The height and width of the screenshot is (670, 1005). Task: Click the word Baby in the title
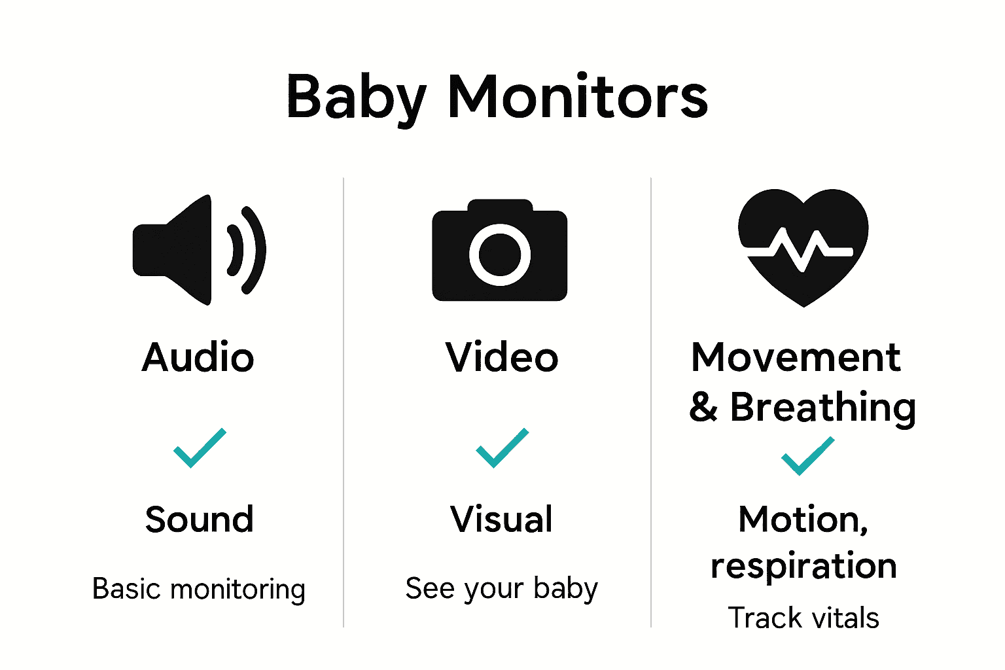tap(357, 98)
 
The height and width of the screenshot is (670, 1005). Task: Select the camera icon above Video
tap(500, 251)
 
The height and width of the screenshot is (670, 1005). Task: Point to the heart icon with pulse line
tap(803, 247)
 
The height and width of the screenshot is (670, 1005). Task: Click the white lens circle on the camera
tap(500, 255)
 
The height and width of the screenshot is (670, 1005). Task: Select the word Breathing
tap(822, 407)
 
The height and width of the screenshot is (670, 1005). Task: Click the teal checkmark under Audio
tap(200, 448)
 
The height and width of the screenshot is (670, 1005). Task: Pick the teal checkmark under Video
tap(502, 448)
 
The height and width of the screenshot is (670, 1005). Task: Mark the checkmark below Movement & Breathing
tap(807, 456)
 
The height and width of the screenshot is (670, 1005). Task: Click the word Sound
tap(200, 520)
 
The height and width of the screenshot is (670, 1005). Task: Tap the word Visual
tap(502, 520)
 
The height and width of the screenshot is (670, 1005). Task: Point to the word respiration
tap(803, 566)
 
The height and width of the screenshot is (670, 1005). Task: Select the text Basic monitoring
tap(199, 590)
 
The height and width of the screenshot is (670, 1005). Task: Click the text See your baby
tap(502, 589)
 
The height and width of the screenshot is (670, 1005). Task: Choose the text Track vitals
tap(803, 618)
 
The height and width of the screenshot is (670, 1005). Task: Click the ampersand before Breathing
tap(703, 408)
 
